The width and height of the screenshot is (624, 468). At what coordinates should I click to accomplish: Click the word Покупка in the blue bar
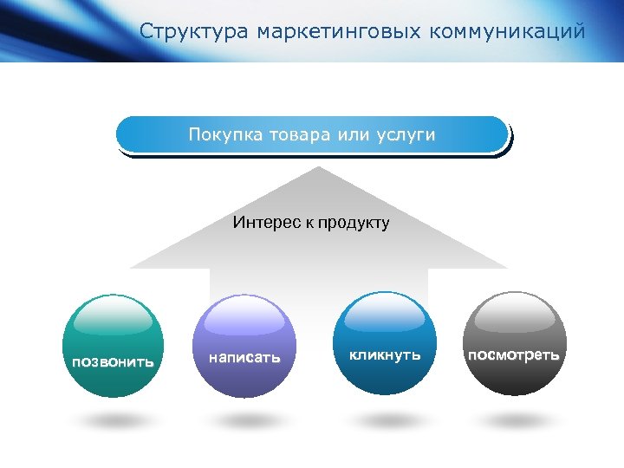[x=223, y=135]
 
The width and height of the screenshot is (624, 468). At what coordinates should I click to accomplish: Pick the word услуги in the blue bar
[x=405, y=135]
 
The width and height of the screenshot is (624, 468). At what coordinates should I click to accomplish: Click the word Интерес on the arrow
[x=265, y=223]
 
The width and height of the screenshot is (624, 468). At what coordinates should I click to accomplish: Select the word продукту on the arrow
[x=354, y=223]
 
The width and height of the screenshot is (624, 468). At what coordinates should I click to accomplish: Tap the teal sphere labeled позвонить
[x=114, y=347]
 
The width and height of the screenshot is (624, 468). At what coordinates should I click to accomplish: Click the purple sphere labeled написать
[x=244, y=347]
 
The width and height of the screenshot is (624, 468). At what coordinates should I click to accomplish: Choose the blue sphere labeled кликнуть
[x=385, y=343]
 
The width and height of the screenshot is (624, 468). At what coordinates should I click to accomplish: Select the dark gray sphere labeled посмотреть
[x=515, y=343]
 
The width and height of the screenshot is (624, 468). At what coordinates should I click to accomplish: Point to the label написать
[x=244, y=356]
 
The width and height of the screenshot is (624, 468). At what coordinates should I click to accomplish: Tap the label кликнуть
[x=385, y=354]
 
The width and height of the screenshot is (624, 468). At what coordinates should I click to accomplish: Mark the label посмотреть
[x=514, y=354]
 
